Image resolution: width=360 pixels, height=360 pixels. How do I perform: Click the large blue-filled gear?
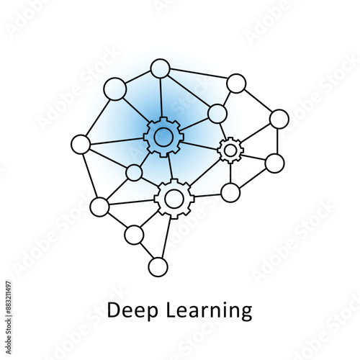pos(163,137)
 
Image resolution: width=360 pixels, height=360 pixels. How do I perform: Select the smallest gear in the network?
pos(230,150)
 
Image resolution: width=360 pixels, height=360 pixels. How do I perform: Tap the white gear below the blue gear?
pos(174,199)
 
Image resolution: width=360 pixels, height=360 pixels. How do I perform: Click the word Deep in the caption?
pos(132,311)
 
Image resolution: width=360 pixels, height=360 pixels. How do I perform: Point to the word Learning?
pos(209,311)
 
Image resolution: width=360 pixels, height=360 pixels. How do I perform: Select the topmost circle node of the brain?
pos(161,68)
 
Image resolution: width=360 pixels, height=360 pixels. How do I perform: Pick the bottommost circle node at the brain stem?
pos(158,267)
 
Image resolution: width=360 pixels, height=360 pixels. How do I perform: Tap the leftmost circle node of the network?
pos(81,144)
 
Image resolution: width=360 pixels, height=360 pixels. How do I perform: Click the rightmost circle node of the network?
pos(279,119)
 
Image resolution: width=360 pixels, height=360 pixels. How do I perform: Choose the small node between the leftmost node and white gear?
pos(134,173)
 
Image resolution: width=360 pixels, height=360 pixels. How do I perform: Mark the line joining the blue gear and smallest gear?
pos(200,145)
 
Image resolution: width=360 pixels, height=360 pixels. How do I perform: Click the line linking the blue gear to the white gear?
pos(171,168)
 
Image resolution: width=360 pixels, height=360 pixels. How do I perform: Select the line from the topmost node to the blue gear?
pos(161,98)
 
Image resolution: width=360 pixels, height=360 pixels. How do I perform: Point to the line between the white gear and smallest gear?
pos(205,173)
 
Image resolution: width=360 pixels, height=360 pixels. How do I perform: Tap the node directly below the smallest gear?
pos(230,193)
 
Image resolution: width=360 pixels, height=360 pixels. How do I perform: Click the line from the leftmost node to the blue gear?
pos(117,141)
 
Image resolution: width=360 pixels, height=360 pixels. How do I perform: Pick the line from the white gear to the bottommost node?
pos(166,238)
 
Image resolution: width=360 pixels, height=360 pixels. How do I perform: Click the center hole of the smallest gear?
pos(230,150)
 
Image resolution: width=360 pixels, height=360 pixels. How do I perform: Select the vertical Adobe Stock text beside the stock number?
pos(9,336)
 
